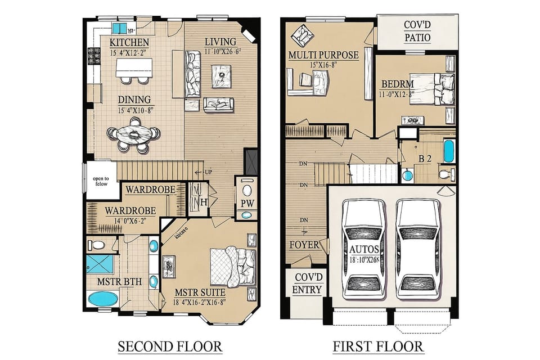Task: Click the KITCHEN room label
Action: pos(129,43)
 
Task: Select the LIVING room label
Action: pos(220,42)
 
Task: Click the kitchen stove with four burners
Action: pos(93,56)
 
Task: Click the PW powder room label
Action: pos(247,202)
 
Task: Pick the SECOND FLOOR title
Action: pos(170,345)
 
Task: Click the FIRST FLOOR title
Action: pos(377,345)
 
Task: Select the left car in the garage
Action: pos(364,247)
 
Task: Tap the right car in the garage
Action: pos(417,247)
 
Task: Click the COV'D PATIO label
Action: pos(417,32)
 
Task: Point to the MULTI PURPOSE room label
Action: pos(323,55)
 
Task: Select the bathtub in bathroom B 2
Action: pos(449,151)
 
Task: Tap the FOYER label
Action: pos(304,245)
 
